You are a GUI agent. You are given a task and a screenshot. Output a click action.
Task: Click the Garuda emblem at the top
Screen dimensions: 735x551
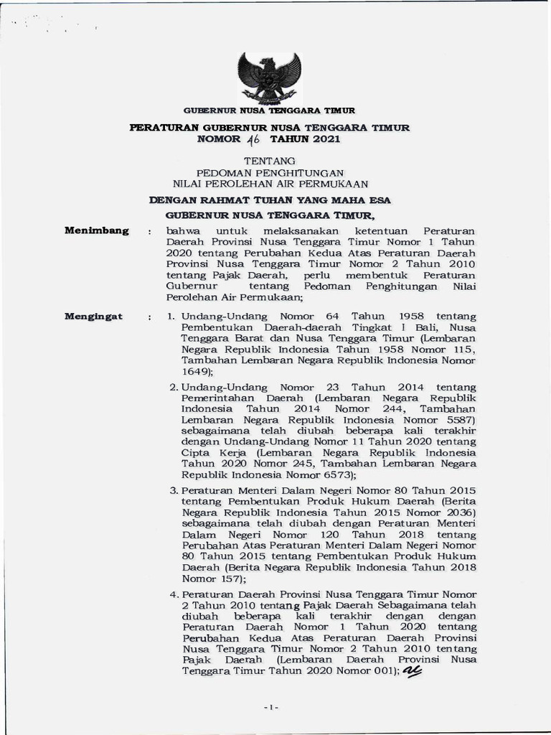point(269,77)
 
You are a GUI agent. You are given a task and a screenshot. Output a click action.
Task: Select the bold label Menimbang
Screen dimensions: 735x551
point(97,230)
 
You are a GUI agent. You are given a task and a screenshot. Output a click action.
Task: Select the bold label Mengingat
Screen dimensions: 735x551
point(94,317)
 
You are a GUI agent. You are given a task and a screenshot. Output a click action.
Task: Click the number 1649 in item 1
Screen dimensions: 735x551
point(194,372)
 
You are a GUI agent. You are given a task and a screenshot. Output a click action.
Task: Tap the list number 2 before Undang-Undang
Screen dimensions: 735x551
point(174,387)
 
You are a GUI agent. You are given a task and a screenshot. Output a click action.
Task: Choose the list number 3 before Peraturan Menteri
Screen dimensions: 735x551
point(174,490)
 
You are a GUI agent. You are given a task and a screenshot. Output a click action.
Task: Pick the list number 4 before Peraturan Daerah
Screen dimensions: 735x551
point(174,594)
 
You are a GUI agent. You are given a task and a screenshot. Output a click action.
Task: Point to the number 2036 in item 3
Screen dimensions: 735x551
point(453,512)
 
